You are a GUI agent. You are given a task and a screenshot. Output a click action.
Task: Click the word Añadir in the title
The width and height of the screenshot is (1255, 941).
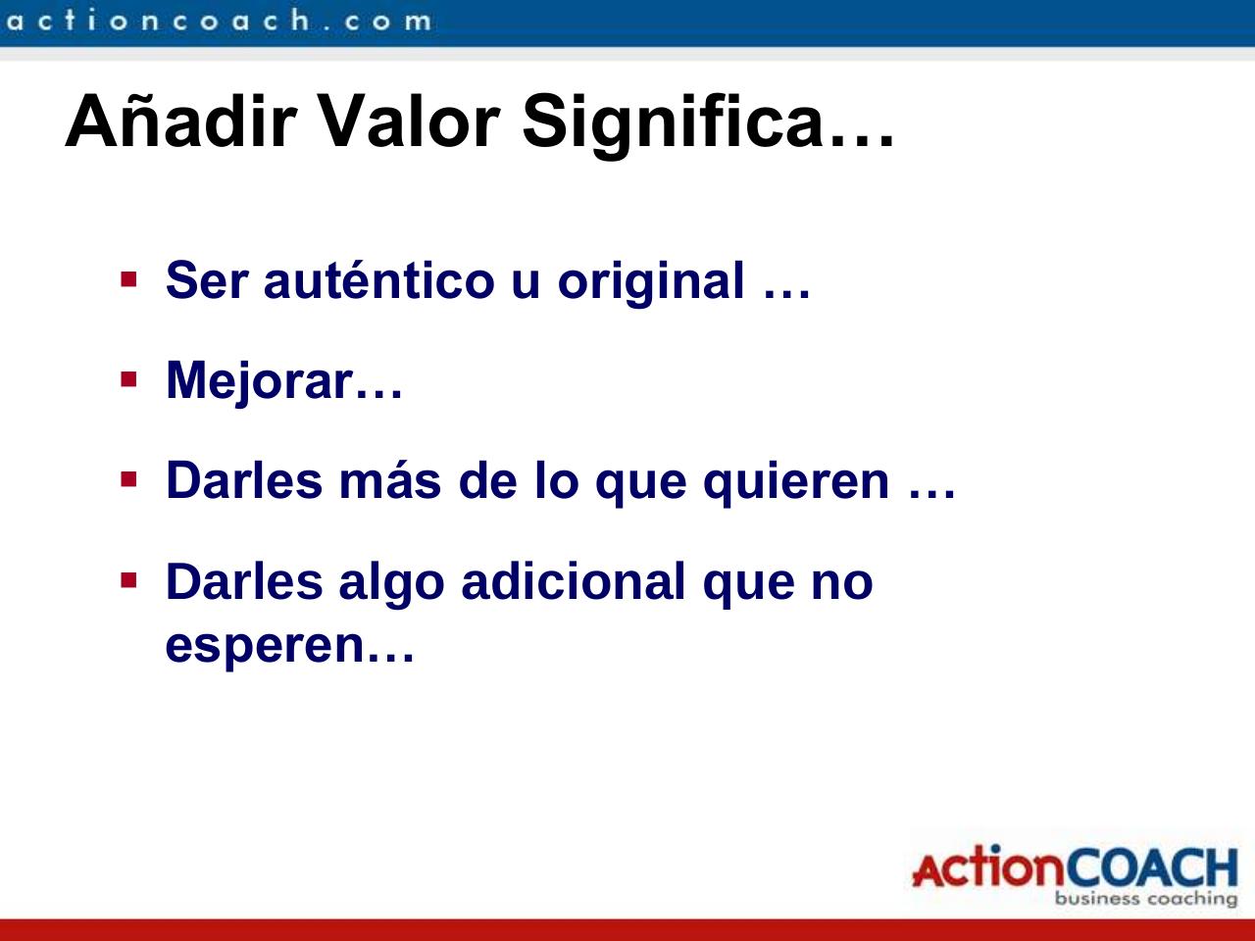180,122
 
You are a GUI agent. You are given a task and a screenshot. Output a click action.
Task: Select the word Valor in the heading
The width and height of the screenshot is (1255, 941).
410,122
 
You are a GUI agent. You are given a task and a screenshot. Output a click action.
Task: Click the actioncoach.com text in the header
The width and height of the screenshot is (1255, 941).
217,21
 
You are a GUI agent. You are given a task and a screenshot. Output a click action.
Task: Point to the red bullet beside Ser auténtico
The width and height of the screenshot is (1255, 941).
128,278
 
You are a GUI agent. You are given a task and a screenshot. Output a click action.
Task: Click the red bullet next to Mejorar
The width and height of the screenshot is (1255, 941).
128,378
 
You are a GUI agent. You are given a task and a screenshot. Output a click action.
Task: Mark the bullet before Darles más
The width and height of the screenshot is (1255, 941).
128,479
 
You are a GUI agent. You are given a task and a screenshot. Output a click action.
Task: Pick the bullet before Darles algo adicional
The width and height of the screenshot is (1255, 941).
128,580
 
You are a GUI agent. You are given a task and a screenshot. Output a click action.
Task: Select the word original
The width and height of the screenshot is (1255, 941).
651,282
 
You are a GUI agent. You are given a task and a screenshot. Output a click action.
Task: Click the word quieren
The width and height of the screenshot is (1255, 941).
796,482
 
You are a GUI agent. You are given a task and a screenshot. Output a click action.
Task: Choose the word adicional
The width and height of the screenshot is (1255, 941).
573,581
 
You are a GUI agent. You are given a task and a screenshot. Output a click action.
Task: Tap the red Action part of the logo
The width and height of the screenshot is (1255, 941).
986,868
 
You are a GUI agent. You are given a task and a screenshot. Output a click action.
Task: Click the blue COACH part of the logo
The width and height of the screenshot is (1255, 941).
1151,867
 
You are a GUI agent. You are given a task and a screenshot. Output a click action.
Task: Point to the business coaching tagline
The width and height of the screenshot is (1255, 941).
1145,899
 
